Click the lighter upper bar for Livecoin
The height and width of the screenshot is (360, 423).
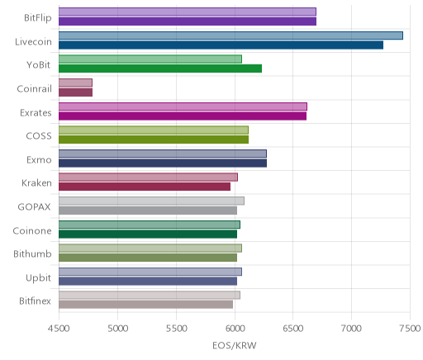(231, 36)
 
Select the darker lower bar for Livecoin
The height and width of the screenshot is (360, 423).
(221, 45)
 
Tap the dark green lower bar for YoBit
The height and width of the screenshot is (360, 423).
(160, 69)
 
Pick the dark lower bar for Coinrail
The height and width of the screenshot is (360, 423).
(75, 92)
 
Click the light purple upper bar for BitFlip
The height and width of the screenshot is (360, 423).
(188, 12)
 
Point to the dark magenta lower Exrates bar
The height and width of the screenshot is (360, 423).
(183, 116)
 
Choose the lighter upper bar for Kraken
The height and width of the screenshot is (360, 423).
(148, 178)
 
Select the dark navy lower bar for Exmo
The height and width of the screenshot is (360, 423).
(163, 163)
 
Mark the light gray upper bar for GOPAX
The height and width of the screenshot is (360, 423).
(151, 201)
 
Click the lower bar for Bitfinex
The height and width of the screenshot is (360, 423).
(145, 305)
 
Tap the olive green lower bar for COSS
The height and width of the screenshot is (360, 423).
(154, 140)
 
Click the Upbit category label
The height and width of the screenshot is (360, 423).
(38, 278)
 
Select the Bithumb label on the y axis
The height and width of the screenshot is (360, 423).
(32, 253)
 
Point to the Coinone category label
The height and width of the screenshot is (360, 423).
(32, 230)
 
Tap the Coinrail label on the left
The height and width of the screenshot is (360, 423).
(35, 88)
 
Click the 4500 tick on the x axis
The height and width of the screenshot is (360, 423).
(59, 329)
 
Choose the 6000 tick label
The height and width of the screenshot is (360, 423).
(235, 329)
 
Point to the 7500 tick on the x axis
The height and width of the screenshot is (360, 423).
(410, 329)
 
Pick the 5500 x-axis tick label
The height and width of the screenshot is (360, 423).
(176, 329)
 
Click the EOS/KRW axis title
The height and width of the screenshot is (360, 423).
(235, 345)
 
